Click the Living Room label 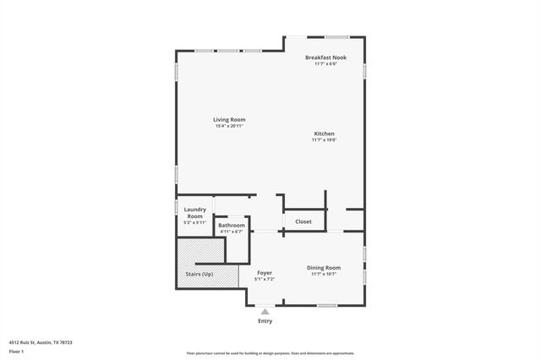[x=228, y=120]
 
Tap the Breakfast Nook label [x=325, y=57]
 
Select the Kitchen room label [x=325, y=134]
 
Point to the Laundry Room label [x=194, y=212]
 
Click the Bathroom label [x=231, y=226]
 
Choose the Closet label [x=303, y=221]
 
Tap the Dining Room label [x=325, y=268]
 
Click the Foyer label [x=265, y=273]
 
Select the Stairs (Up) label [x=199, y=275]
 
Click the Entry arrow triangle [x=265, y=312]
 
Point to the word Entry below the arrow [x=265, y=321]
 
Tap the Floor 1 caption [x=16, y=351]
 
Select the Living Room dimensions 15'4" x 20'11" [x=228, y=126]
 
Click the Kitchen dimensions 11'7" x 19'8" [x=325, y=140]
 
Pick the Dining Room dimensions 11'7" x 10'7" [x=325, y=274]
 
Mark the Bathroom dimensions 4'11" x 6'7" [x=231, y=232]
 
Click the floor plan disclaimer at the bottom [x=270, y=353]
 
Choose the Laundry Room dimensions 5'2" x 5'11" [x=194, y=223]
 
